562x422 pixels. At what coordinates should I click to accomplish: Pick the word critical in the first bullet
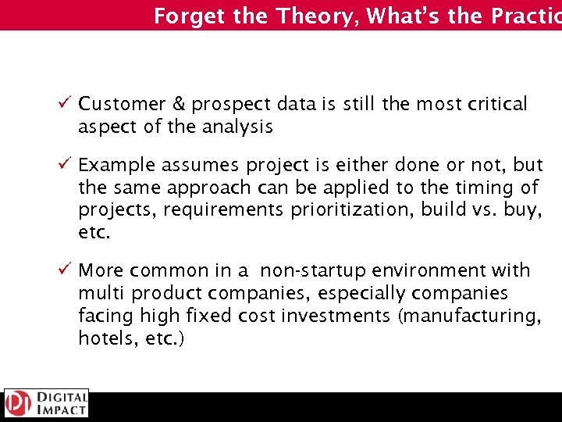pyautogui.click(x=497, y=104)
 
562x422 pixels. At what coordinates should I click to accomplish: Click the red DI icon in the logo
pyautogui.click(x=16, y=403)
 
